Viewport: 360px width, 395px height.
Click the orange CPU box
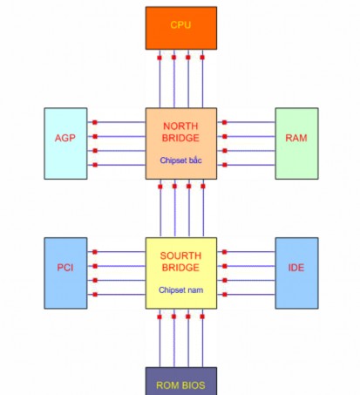click(x=180, y=27)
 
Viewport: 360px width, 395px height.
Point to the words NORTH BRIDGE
click(x=180, y=133)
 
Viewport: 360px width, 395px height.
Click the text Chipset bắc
click(x=180, y=160)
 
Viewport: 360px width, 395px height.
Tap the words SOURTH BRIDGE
click(x=180, y=262)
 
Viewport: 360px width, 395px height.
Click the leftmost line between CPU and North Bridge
click(x=160, y=83)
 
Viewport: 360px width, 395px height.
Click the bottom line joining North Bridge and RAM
click(x=249, y=165)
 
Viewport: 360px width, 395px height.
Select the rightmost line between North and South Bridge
click(x=202, y=209)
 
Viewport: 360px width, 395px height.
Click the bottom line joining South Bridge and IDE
click(x=249, y=295)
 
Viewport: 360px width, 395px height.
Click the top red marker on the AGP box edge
click(x=93, y=122)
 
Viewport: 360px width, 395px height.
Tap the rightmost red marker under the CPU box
click(x=202, y=58)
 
